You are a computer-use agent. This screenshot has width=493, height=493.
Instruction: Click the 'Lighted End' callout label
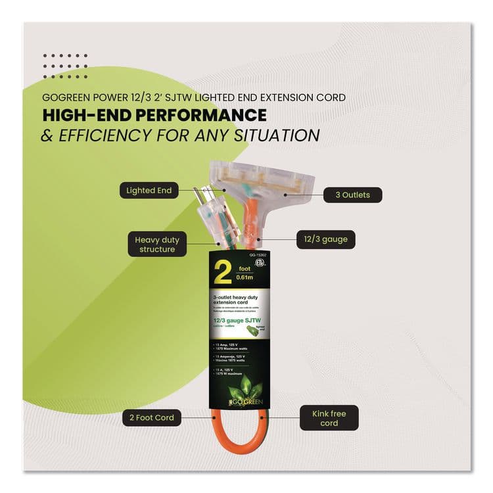[149, 191]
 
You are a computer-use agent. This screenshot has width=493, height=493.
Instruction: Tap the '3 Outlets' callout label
[352, 195]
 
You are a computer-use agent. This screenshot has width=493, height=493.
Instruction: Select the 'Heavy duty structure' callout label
[157, 245]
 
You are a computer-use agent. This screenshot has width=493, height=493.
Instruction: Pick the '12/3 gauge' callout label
[326, 240]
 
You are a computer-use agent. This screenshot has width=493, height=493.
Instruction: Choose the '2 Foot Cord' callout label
[152, 417]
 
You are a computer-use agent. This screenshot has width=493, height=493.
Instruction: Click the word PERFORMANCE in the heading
[198, 116]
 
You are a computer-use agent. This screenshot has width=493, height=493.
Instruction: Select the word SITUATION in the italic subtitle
[279, 136]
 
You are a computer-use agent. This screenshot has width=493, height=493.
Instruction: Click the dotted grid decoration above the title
[65, 66]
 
